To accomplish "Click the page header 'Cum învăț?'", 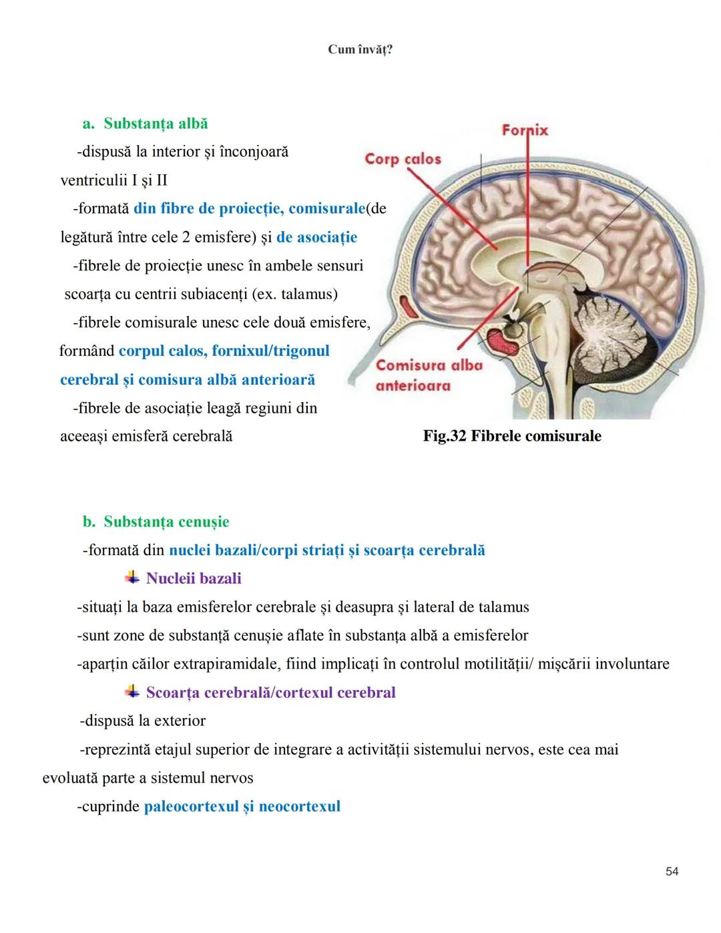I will (360, 49).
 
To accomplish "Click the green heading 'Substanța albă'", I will (156, 124).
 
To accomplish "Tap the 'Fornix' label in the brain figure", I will (525, 130).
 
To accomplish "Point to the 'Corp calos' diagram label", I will (403, 159).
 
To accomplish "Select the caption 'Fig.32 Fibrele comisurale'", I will (512, 436).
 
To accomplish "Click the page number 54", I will (672, 871).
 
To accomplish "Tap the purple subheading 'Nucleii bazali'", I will (194, 578).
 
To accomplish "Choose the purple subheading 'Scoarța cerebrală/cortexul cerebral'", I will (270, 693).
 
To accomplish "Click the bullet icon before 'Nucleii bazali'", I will (132, 578).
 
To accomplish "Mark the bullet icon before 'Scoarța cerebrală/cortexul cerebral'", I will (132, 692).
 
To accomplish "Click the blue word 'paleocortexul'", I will (186, 806).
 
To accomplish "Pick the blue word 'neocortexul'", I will (299, 806).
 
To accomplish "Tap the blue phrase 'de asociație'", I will (316, 237).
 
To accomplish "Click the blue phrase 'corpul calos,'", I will (163, 351).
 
